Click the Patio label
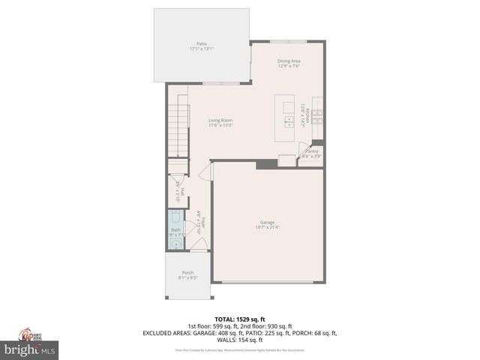[x=201, y=44]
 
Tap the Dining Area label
[x=288, y=61]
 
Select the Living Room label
[x=220, y=120]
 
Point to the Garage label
[x=267, y=222]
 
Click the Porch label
[x=187, y=272]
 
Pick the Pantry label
[x=311, y=151]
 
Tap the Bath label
[x=175, y=230]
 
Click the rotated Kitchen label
[x=307, y=115]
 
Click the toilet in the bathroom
[x=175, y=218]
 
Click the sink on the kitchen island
[x=288, y=119]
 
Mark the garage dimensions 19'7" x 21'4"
[x=267, y=227]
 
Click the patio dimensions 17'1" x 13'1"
[x=201, y=49]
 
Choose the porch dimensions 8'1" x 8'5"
[x=187, y=277]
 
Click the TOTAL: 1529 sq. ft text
[x=241, y=319]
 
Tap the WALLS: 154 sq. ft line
[x=241, y=340]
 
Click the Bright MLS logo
[x=30, y=349]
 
